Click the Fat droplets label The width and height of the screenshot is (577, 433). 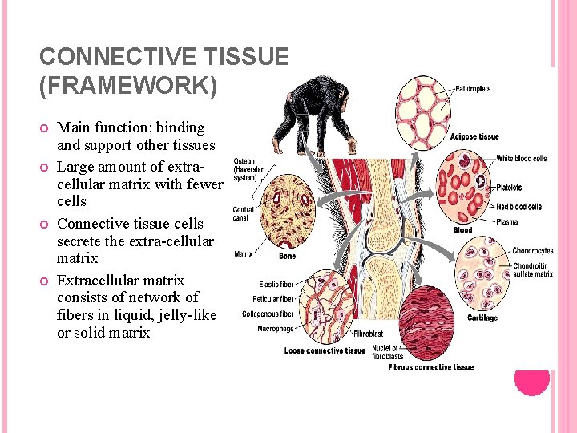coord(473,89)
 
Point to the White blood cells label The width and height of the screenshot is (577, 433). coord(522,159)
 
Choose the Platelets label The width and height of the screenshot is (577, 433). coord(509,188)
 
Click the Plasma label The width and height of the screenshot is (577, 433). coord(507,221)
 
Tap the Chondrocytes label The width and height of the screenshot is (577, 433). coord(533,251)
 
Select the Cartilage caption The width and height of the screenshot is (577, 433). coord(482,318)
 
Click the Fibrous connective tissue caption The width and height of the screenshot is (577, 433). coord(431,367)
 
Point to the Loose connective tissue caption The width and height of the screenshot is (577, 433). coord(325,350)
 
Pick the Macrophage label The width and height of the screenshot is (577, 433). coord(276,329)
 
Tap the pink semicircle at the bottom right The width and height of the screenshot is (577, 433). coord(531,383)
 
